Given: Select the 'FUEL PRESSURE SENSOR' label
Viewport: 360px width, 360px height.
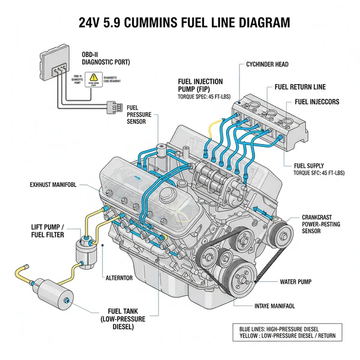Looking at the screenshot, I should [x=140, y=113].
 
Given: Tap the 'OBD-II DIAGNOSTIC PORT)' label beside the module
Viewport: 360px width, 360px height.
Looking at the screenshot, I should [x=103, y=57].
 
